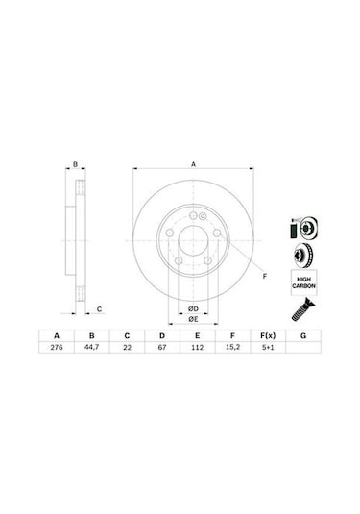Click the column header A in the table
point(56,335)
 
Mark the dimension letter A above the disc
point(193,164)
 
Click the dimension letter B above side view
point(76,165)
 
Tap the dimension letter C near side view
point(100,309)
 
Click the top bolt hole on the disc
point(193,212)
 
